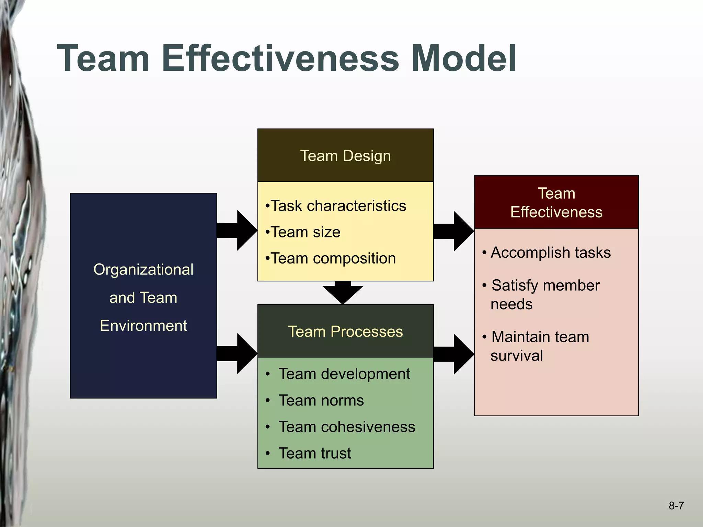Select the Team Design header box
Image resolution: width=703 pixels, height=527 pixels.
[345, 155]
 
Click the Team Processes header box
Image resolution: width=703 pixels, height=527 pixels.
[345, 331]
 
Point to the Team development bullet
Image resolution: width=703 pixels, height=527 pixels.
[344, 374]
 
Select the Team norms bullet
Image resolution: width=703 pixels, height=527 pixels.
[321, 400]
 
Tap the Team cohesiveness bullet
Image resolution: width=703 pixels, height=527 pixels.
[347, 427]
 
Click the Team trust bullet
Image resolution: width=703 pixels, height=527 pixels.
[315, 453]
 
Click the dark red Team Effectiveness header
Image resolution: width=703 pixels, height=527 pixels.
[556, 202]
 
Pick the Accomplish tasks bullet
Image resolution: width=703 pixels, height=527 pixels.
[550, 253]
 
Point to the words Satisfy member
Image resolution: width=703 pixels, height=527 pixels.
[545, 285]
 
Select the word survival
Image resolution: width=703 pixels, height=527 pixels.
[517, 356]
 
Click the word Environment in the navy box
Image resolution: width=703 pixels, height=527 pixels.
[143, 326]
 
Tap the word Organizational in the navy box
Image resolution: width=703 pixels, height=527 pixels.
[143, 270]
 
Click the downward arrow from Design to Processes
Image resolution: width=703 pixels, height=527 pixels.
[343, 292]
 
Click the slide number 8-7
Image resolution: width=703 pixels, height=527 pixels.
[676, 506]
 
